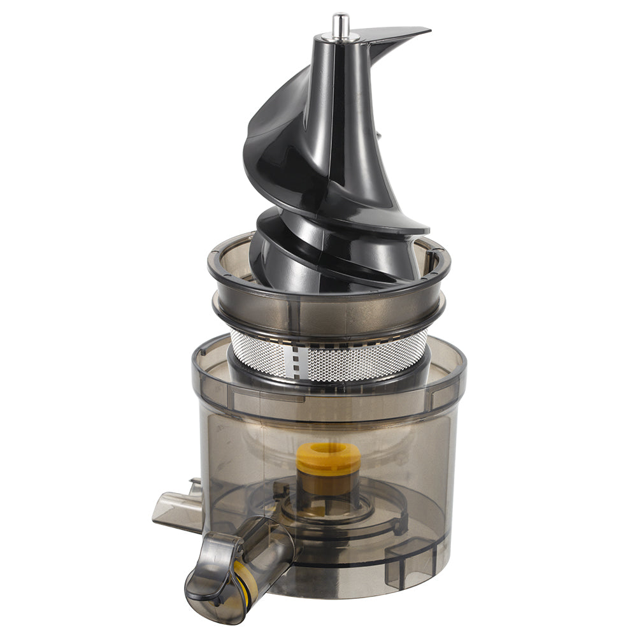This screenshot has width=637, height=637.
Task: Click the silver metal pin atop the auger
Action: coord(341,24)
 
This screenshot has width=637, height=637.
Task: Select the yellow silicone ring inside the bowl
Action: coord(329,457)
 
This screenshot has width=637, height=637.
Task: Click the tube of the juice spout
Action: coord(268,548)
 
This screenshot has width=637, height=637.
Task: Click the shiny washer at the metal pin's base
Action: coord(341,38)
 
